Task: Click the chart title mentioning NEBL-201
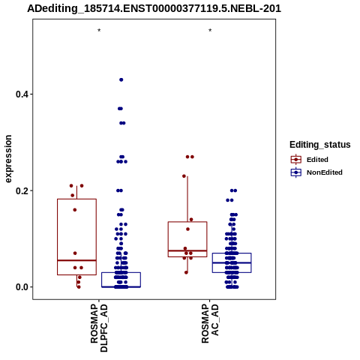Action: (x=154, y=8)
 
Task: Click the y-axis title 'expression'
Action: (x=8, y=159)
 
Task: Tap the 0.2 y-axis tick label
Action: (x=22, y=190)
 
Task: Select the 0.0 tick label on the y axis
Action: (x=22, y=287)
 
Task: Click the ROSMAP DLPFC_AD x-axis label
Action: (x=99, y=328)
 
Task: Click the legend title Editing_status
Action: (x=320, y=145)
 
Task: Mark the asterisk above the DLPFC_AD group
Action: (x=99, y=31)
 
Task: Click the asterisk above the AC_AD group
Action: (x=210, y=31)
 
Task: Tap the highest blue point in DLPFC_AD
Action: (x=121, y=79)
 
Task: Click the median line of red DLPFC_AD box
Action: (x=76, y=260)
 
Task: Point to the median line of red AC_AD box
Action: (x=187, y=250)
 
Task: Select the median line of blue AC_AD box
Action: (x=232, y=262)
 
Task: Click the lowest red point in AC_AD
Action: (x=186, y=272)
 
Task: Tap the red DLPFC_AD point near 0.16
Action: (x=75, y=210)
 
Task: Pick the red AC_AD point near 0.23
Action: (x=184, y=176)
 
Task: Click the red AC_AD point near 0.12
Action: (x=188, y=229)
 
